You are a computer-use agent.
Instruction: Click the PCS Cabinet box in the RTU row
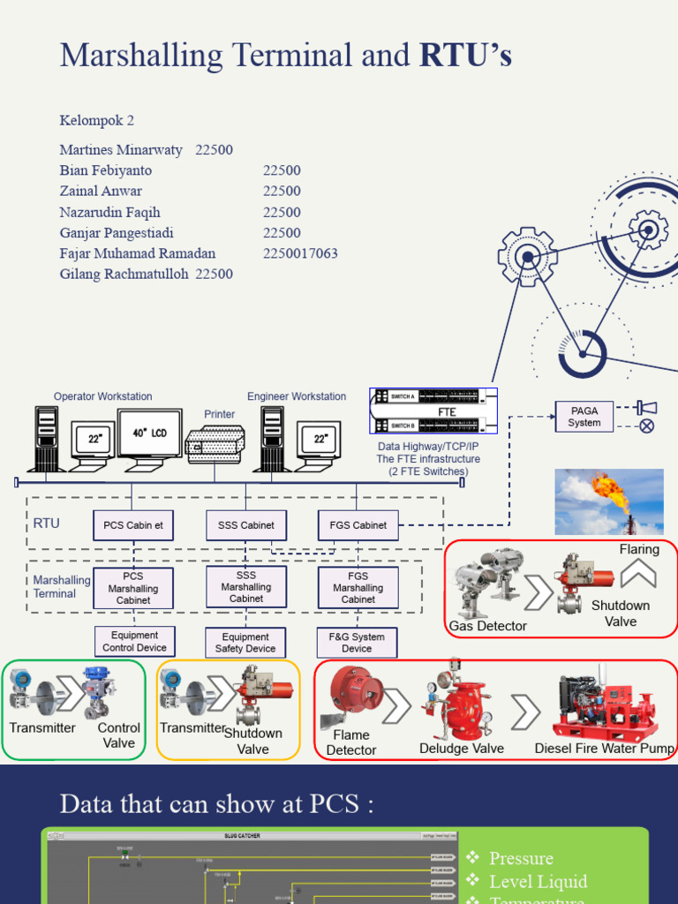pos(133,525)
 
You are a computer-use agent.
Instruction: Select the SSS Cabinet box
pos(245,525)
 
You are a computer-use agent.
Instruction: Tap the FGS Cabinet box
pos(358,525)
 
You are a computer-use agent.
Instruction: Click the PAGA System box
pos(584,417)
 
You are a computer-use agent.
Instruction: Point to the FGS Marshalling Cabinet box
pos(358,587)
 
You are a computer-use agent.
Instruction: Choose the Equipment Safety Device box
pos(245,643)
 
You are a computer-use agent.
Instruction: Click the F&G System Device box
pos(357,643)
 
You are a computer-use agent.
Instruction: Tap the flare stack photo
pos(608,501)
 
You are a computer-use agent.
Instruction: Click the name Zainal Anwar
pos(101,192)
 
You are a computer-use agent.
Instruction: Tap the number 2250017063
pos(300,254)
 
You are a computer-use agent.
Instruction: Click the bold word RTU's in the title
pos(465,56)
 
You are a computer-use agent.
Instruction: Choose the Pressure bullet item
pos(521,858)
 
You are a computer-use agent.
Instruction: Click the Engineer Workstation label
pos(297,397)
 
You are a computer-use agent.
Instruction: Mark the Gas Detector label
pos(487,626)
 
